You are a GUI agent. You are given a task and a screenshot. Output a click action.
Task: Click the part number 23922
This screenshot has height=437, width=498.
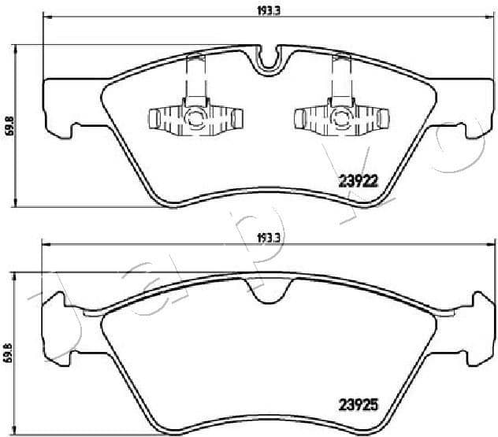click(x=359, y=180)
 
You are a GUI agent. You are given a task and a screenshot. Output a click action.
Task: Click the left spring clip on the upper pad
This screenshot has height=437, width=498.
click(x=195, y=118)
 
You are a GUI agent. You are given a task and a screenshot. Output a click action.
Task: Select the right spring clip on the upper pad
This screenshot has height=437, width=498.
click(x=341, y=118)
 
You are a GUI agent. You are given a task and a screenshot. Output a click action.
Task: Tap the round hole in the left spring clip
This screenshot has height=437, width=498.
click(x=195, y=119)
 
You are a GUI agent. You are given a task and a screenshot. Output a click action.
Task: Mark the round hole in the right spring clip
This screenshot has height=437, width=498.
click(x=341, y=119)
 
